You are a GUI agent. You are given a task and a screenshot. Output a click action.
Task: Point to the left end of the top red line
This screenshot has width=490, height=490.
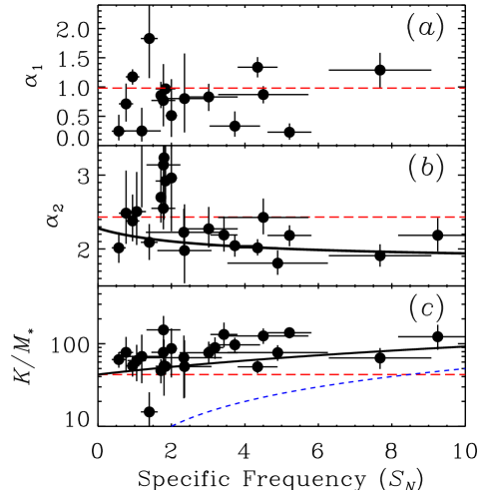(x=99, y=89)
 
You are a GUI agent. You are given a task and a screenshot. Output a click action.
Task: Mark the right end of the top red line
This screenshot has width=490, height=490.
(x=465, y=89)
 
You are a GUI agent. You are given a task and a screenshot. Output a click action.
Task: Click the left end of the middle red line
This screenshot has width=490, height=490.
(x=99, y=217)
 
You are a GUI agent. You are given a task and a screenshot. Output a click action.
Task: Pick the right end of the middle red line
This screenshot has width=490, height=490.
(x=465, y=217)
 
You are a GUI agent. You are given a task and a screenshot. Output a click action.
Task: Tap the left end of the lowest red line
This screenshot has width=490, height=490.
(x=101, y=375)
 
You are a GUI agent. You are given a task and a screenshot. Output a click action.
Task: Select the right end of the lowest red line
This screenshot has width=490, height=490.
(x=465, y=375)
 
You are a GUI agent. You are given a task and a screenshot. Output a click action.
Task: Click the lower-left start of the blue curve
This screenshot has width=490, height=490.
(x=173, y=425)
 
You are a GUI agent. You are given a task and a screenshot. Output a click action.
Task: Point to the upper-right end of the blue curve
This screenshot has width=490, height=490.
(x=464, y=369)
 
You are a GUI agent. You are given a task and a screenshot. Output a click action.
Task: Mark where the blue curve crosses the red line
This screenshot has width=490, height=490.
(x=411, y=375)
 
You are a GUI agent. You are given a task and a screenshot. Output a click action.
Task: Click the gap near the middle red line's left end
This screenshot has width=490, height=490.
(x=132, y=217)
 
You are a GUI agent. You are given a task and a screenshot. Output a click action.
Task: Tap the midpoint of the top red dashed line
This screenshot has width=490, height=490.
(x=281, y=89)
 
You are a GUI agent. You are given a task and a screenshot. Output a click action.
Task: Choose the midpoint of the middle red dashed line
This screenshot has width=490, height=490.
(x=281, y=217)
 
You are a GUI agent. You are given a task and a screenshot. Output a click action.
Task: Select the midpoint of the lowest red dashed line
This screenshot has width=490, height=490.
(x=282, y=375)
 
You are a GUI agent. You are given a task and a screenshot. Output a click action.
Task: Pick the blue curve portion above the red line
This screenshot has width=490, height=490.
(x=444, y=371)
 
